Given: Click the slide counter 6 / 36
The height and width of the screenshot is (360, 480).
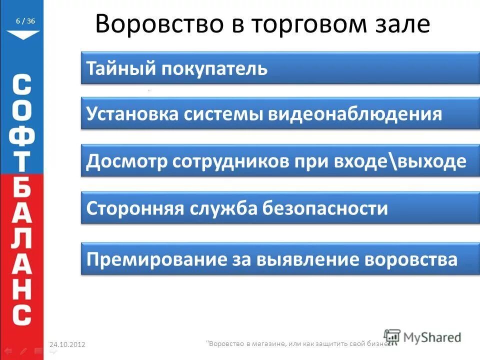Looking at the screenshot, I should [25, 21].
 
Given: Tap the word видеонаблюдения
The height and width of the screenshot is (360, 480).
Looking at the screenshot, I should [355, 114].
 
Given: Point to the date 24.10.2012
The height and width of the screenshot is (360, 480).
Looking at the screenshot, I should [67, 344].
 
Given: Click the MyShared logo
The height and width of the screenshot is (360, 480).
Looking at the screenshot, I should [423, 337].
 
